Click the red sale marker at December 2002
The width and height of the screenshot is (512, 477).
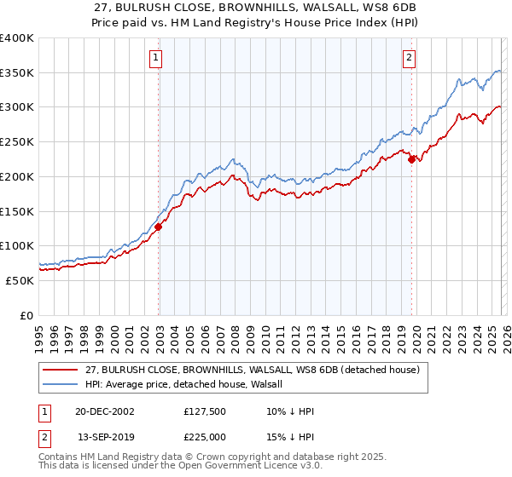159,227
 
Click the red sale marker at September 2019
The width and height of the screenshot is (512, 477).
411,158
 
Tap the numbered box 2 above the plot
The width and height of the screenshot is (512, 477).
410,58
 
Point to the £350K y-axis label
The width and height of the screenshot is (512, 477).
17,73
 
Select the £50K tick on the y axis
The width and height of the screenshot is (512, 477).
20,280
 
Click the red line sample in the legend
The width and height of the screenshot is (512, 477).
61,371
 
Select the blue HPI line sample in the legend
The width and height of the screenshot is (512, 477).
61,385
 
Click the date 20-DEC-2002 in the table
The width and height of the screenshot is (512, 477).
104,411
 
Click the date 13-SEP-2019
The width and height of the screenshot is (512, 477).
104,435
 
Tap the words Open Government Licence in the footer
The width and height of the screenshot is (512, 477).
238,468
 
